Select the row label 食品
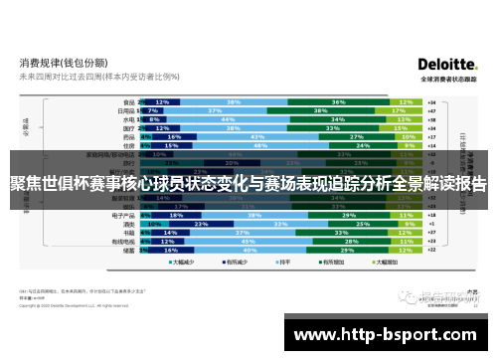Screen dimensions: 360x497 click(x=128, y=101)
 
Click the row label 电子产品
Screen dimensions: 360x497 click(x=123, y=214)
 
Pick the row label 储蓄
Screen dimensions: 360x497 click(x=128, y=250)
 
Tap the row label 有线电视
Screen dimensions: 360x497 click(x=123, y=241)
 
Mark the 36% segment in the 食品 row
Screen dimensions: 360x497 click(x=338, y=101)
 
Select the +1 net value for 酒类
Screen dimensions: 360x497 click(x=431, y=223)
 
